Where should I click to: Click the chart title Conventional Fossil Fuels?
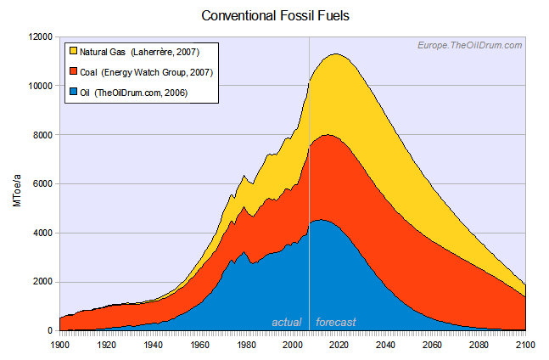pyautogui.click(x=274, y=15)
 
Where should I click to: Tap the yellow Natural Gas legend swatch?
pyautogui.click(x=72, y=53)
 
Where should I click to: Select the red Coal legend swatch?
pyautogui.click(x=72, y=72)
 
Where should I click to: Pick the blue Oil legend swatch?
pyautogui.click(x=72, y=92)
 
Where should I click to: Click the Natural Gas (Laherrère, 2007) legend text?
pyautogui.click(x=139, y=53)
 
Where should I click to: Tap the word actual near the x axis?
pyautogui.click(x=287, y=323)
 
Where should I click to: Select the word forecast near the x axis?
pyautogui.click(x=336, y=323)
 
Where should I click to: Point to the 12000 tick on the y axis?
pyautogui.click(x=40, y=37)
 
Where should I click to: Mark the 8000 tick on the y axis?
pyautogui.click(x=42, y=135)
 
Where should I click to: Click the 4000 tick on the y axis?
pyautogui.click(x=42, y=233)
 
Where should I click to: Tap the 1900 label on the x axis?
pyautogui.click(x=59, y=346)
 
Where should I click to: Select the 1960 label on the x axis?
pyautogui.click(x=199, y=346)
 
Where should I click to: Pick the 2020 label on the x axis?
pyautogui.click(x=339, y=346)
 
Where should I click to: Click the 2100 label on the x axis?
pyautogui.click(x=526, y=346)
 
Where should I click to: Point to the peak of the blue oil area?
pyautogui.click(x=321, y=220)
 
